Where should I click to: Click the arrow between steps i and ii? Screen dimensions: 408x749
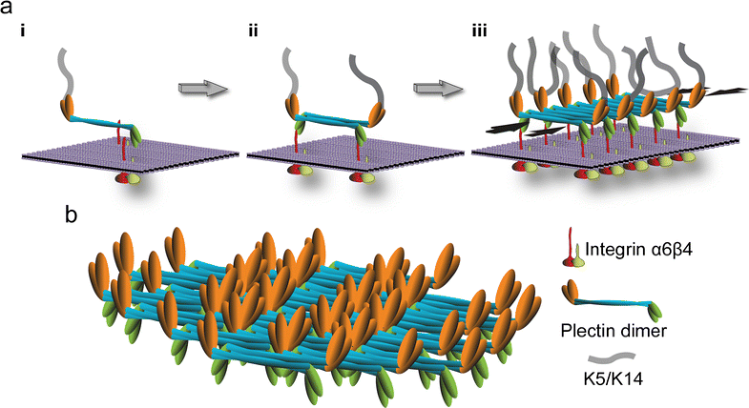[201, 89]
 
